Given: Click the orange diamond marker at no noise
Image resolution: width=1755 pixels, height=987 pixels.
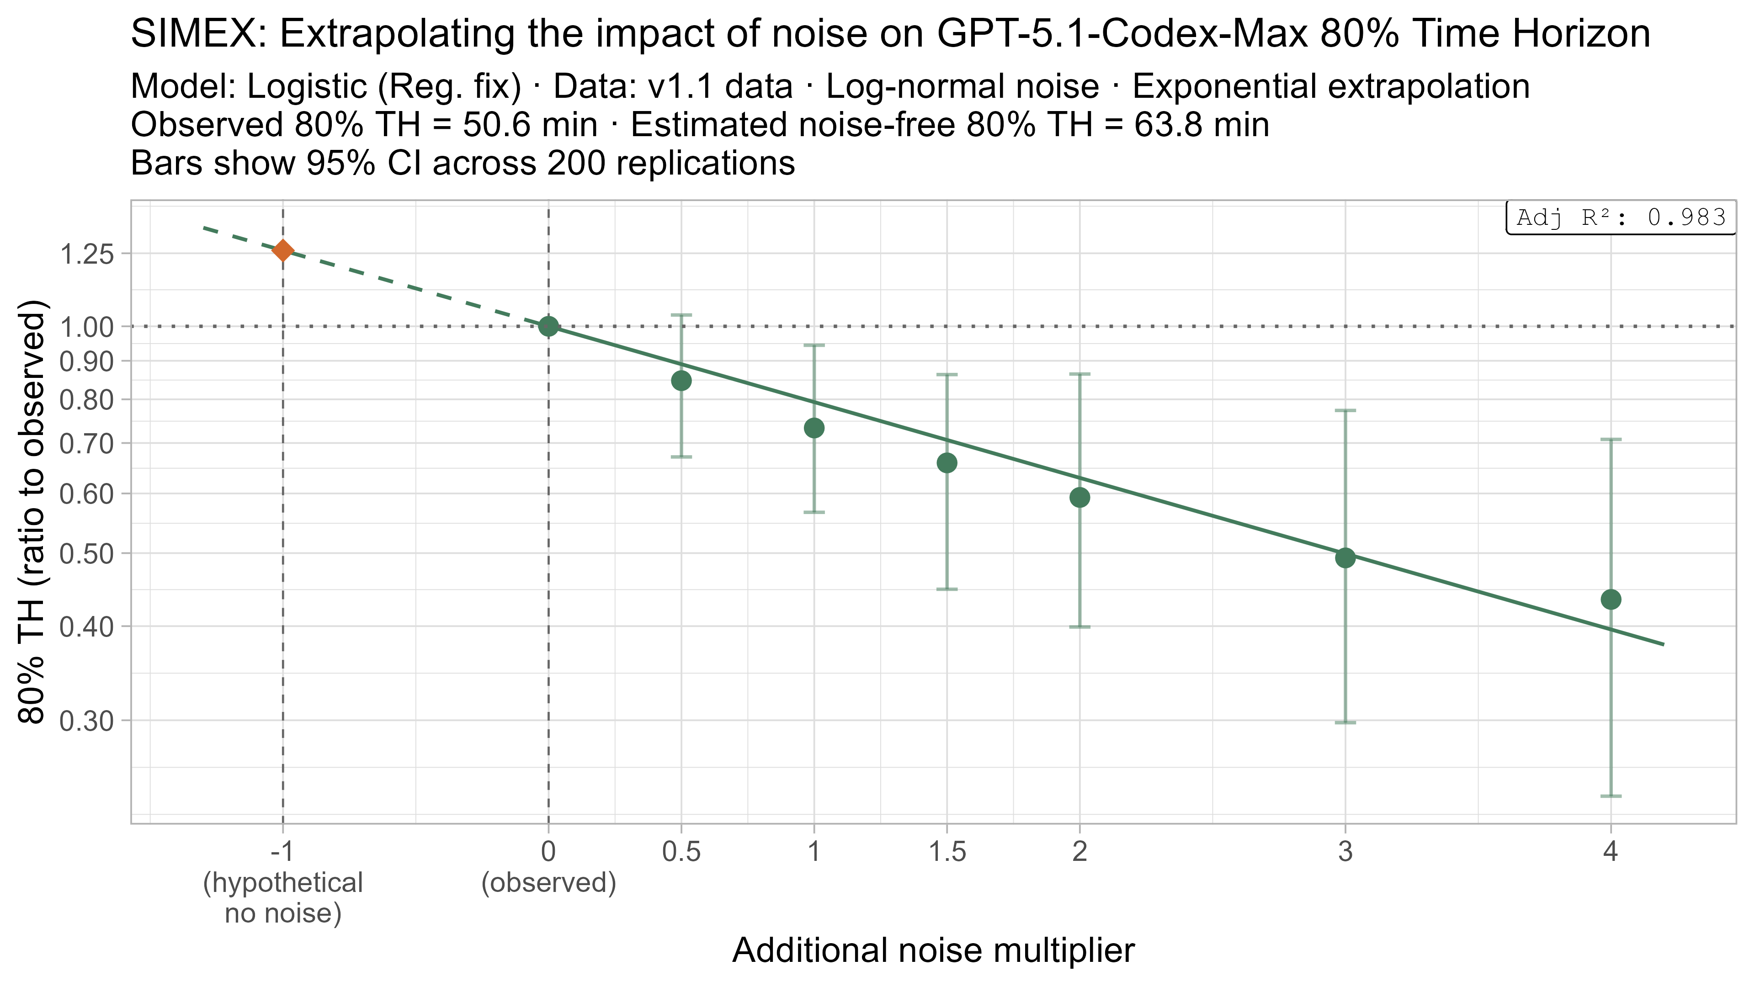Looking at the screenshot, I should (x=283, y=251).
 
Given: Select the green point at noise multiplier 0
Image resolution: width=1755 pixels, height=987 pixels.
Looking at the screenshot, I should (x=548, y=326).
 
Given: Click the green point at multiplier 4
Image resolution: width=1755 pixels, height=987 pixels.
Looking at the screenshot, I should (x=1611, y=600).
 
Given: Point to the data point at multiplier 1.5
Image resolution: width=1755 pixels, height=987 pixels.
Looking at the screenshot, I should (x=947, y=463).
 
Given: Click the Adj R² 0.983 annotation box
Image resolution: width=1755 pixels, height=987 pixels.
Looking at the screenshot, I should (x=1621, y=218).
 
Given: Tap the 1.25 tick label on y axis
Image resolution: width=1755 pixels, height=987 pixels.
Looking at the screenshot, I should (x=86, y=255).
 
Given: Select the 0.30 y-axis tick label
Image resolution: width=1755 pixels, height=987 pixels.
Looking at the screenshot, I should (x=86, y=721).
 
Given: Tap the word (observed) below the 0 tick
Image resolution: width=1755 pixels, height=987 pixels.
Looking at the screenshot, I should (x=548, y=883).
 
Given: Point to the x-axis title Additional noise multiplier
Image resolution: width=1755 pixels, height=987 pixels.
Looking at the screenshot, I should (x=933, y=950).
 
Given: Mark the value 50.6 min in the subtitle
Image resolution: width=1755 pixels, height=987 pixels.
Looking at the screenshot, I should (x=529, y=125).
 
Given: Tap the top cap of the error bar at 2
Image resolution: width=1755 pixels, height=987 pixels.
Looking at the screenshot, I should (x=1079, y=374).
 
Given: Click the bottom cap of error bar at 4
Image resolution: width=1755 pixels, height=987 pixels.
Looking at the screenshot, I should (x=1611, y=796).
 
